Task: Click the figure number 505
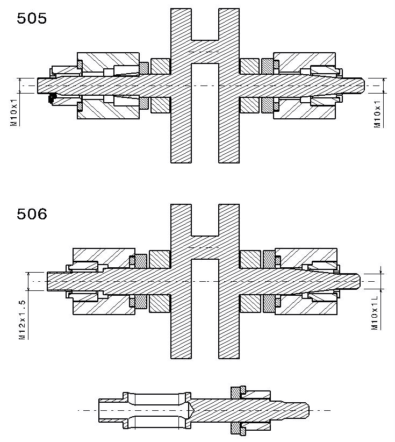coord(32,18)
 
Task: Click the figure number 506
coord(32,214)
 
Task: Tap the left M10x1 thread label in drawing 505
coord(14,112)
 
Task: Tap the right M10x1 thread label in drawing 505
coord(377,113)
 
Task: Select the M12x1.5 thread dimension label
coord(22,319)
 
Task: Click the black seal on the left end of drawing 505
coord(52,98)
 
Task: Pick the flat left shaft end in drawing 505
coord(38,85)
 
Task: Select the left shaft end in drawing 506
coord(48,281)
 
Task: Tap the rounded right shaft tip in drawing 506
coord(357,281)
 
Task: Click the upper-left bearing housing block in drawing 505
coord(108,62)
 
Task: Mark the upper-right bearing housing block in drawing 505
coord(304,62)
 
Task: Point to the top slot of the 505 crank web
coord(205,24)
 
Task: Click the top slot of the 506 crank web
coord(205,220)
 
